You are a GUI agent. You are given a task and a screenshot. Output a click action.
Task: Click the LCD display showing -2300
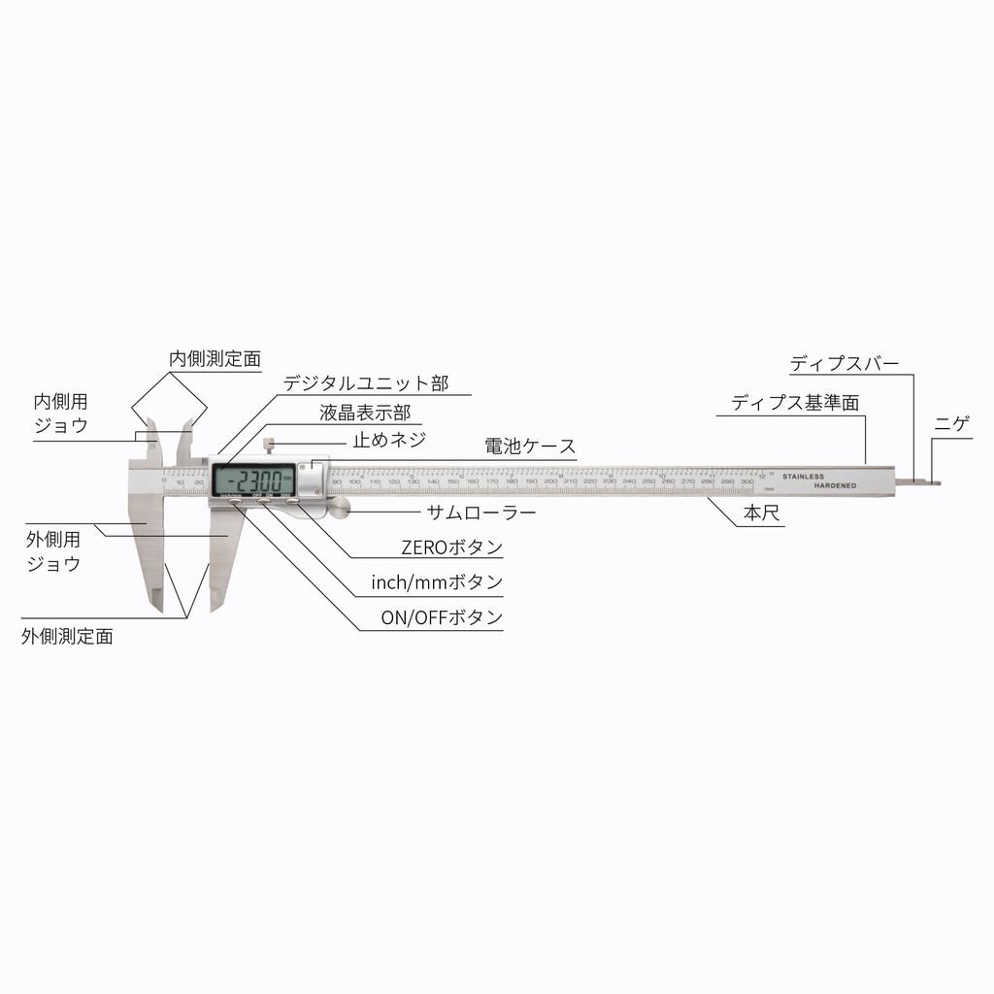pos(254,480)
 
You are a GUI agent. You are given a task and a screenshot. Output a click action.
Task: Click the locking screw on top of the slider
pos(268,447)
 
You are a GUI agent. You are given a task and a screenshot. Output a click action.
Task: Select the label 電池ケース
pos(530,447)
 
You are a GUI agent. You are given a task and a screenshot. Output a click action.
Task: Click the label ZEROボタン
pos(451,547)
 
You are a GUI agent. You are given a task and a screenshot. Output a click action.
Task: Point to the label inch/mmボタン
pos(437,582)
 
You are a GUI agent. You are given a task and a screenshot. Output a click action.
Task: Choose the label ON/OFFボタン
pos(442,617)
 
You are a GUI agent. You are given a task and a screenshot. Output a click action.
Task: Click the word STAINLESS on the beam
pos(803,477)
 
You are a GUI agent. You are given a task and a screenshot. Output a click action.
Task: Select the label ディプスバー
pos(845,363)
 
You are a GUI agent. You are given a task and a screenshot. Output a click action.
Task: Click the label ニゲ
pos(952,423)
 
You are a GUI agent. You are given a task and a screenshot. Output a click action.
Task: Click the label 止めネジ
pos(388,439)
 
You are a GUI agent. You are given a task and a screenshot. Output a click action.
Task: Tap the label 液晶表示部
pos(365,413)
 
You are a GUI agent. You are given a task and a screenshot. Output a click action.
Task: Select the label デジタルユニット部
pos(366,383)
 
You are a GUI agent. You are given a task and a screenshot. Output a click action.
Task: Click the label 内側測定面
pos(215,358)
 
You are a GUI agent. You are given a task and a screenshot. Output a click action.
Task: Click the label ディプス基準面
pos(795,403)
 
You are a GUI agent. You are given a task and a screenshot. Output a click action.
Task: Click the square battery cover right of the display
pos(313,478)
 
